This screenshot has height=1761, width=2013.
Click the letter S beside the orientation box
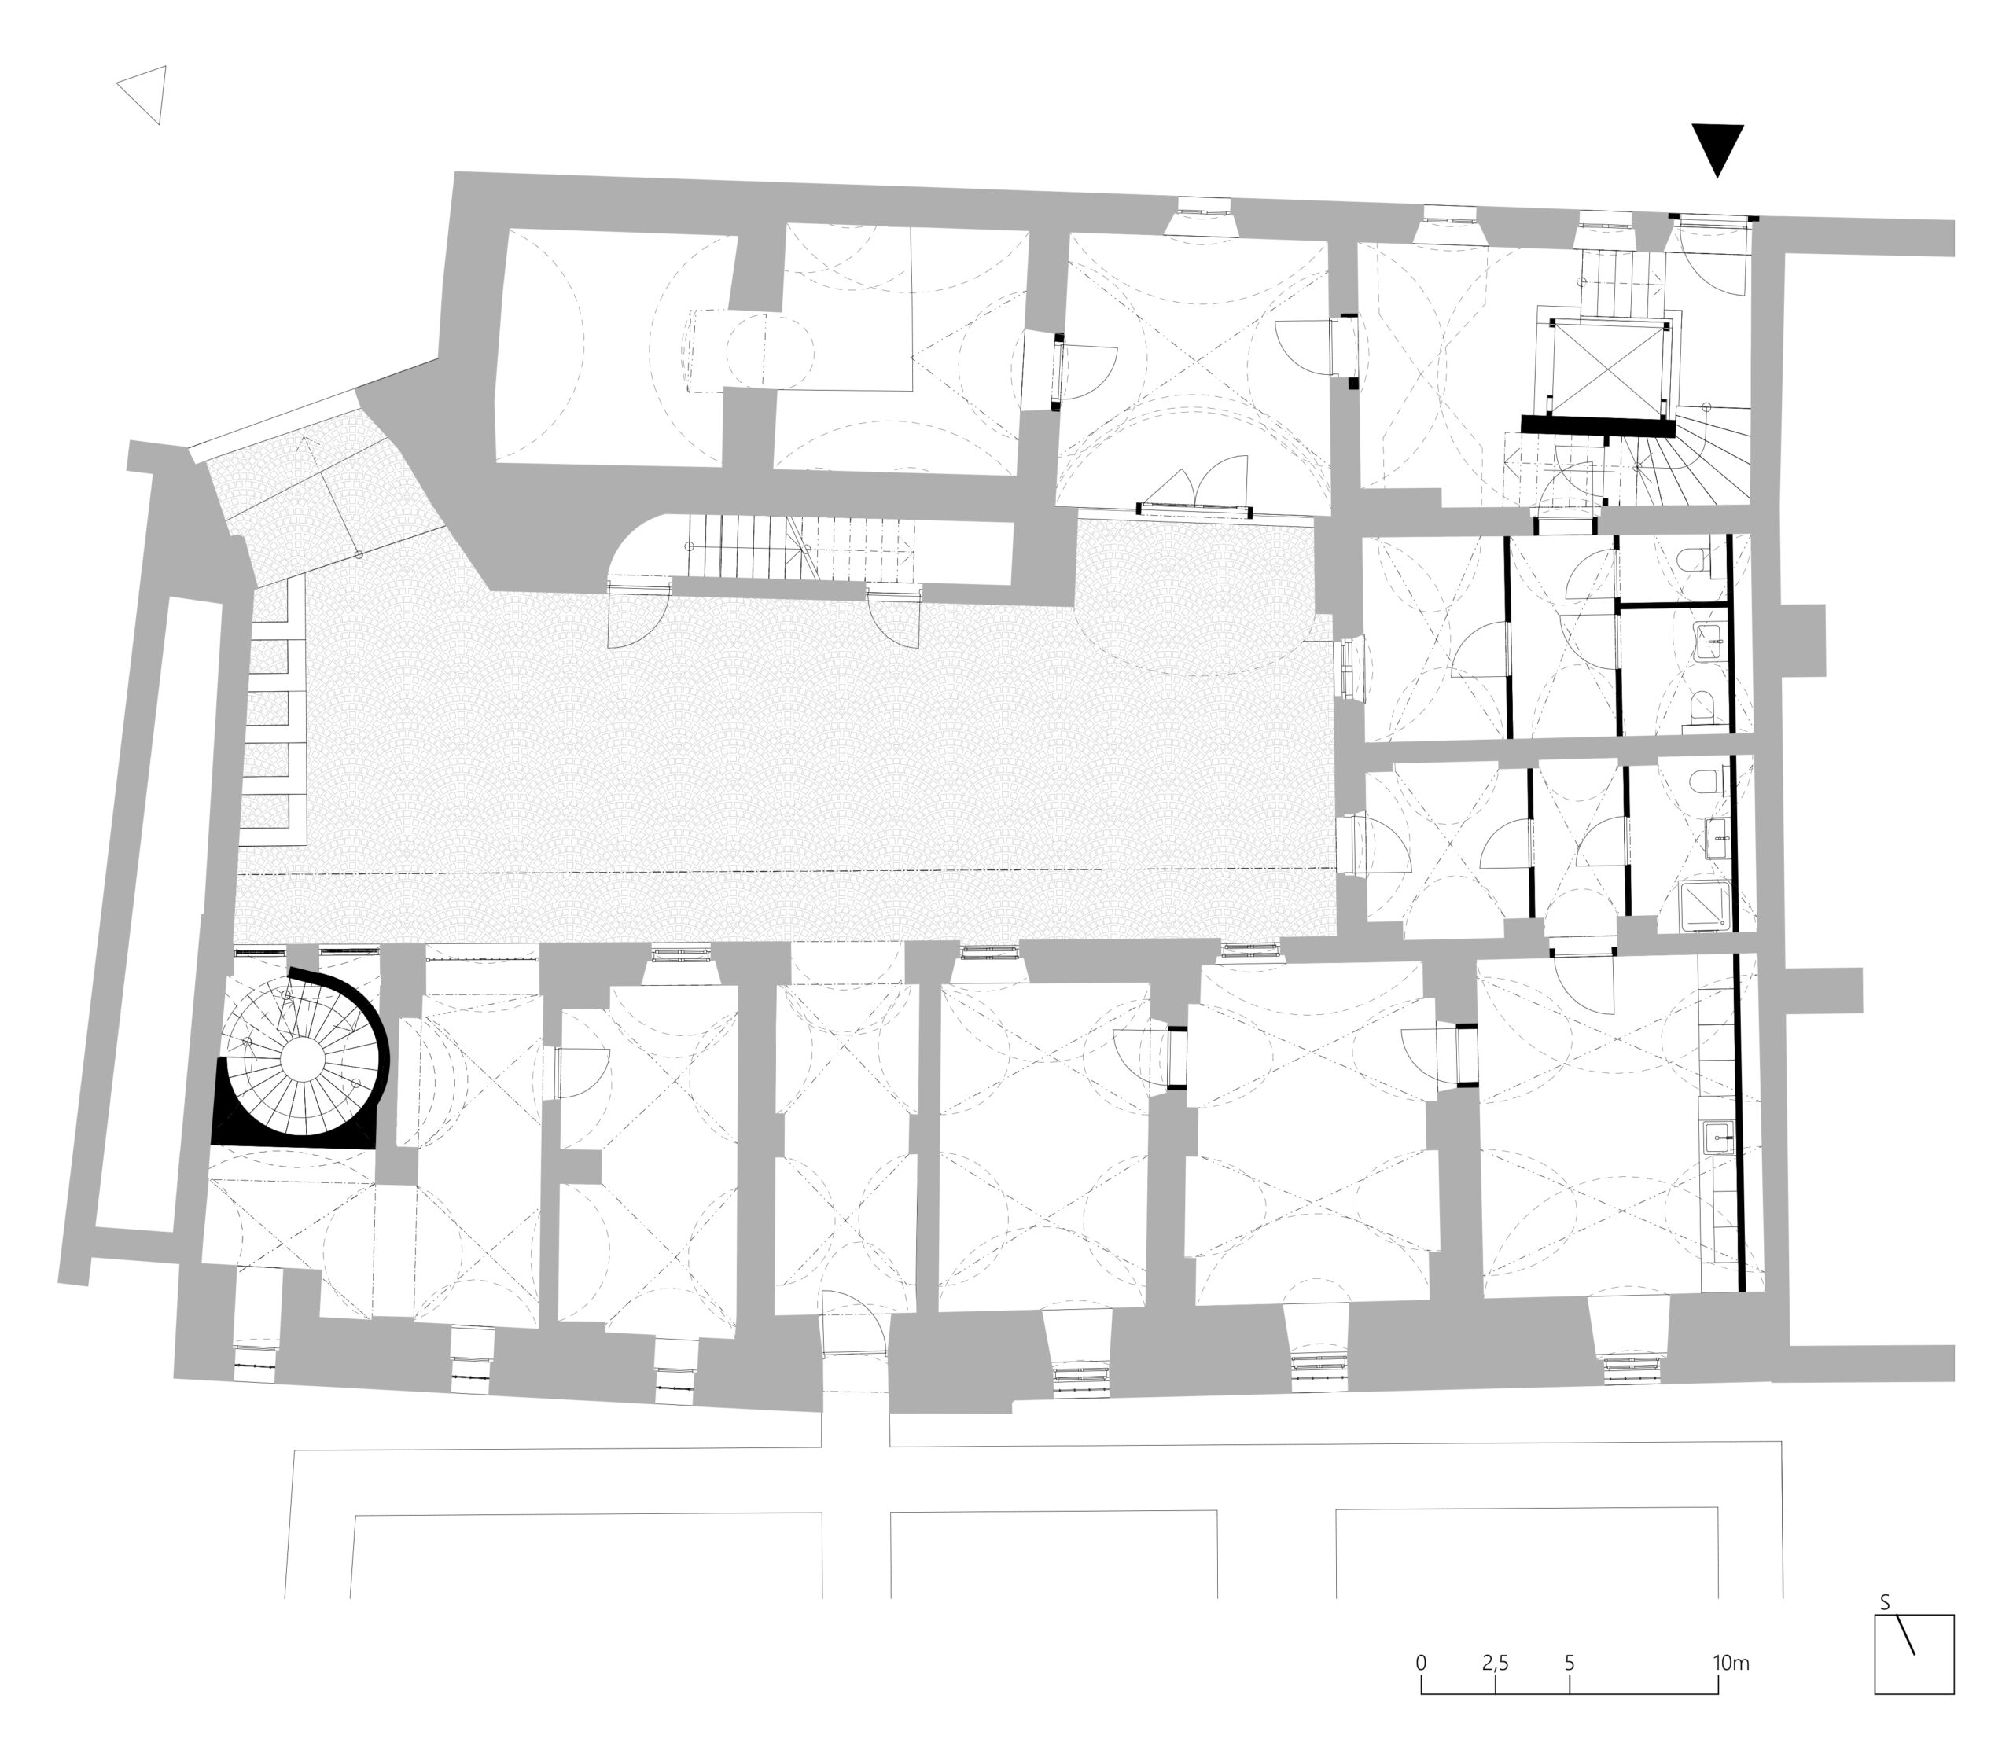coord(1884,1604)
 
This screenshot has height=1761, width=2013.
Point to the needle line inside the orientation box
coord(1904,1636)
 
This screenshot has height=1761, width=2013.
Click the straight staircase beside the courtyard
coord(801,550)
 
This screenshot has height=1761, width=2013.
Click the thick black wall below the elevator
coord(1597,425)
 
